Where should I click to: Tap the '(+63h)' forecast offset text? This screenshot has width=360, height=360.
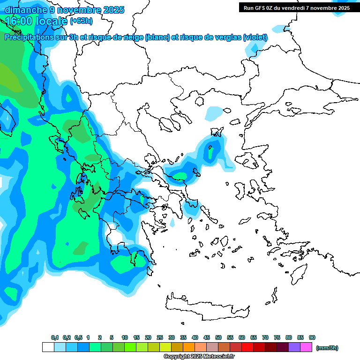click(x=81, y=21)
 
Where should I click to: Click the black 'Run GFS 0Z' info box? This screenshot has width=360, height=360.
click(x=296, y=7)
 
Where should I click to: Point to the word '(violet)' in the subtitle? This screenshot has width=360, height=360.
click(x=255, y=37)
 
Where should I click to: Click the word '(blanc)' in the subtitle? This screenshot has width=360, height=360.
click(x=157, y=37)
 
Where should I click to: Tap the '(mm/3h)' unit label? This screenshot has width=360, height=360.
click(x=327, y=348)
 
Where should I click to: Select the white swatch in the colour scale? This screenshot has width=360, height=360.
click(x=48, y=347)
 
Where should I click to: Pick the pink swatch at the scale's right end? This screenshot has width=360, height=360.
click(x=306, y=347)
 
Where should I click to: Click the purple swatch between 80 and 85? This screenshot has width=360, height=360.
click(x=294, y=347)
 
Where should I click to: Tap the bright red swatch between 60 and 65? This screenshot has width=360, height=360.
click(x=247, y=347)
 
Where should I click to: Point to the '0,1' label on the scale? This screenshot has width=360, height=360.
click(x=55, y=338)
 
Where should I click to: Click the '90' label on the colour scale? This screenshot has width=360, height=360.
click(x=312, y=338)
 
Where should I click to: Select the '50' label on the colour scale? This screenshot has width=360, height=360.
click(x=218, y=338)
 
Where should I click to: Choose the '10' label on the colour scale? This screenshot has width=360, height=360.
click(x=125, y=338)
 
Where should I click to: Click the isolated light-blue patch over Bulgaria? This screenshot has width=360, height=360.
click(x=215, y=113)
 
